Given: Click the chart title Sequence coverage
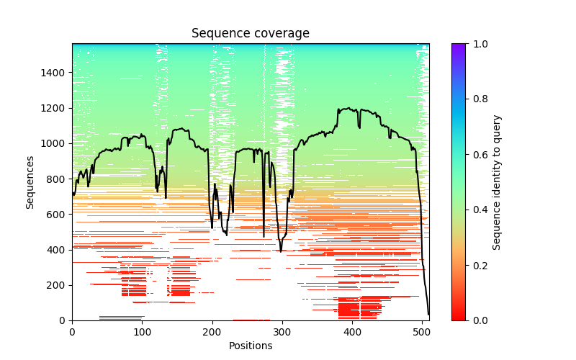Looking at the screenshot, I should point(250,34).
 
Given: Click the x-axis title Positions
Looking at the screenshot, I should point(250,346).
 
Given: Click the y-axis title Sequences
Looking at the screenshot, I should point(30,182).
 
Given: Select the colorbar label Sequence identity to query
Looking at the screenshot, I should point(497,182).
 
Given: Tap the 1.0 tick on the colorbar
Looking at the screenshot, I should point(479,44).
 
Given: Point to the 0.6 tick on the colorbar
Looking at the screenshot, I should point(479,155).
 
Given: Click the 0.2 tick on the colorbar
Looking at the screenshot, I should point(479,265).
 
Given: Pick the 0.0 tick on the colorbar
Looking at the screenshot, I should point(479,320).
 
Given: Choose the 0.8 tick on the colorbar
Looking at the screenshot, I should point(479,99).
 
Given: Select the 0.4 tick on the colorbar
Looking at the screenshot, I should point(479,210).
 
